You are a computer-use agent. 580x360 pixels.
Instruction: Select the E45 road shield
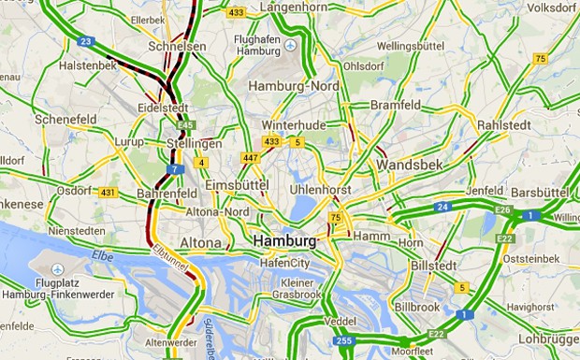pos(187,124)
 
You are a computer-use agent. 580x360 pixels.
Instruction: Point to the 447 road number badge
pos(249,157)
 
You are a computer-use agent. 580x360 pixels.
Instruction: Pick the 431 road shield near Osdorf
pos(107,193)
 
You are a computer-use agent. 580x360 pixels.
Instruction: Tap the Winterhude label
pos(292,125)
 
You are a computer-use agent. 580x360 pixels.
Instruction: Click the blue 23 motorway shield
pos(86,41)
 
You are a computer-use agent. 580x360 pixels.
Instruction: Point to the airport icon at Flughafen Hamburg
pos(290,45)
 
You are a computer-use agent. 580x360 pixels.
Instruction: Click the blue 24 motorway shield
pos(442,206)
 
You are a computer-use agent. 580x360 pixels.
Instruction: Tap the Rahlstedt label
pos(503,125)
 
